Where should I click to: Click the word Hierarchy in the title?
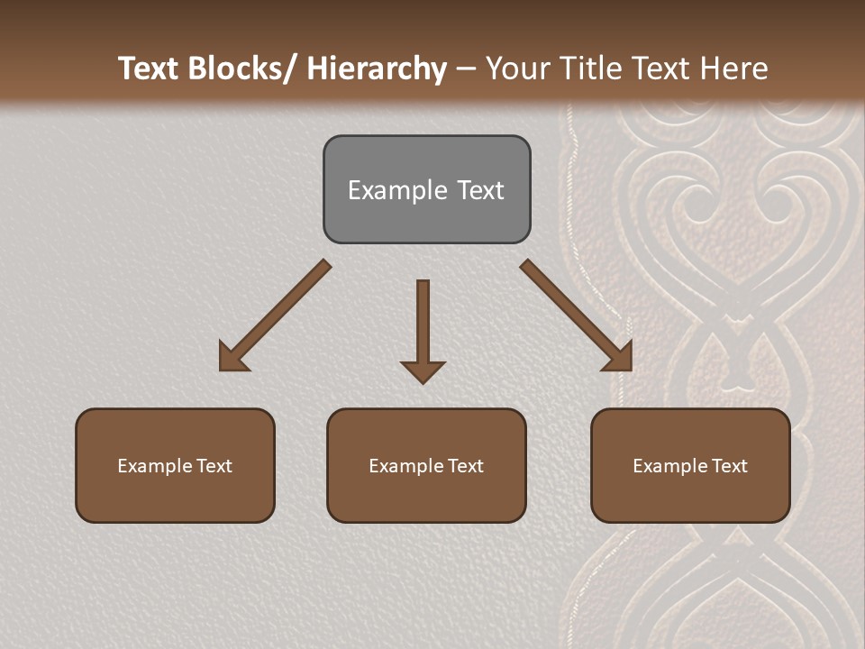click(x=377, y=69)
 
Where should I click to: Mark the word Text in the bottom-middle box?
click(x=464, y=466)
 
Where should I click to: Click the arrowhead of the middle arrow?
click(x=423, y=370)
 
